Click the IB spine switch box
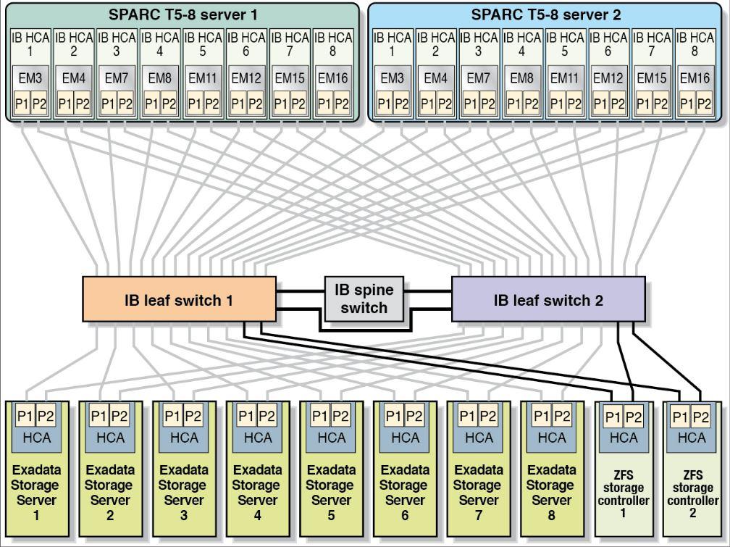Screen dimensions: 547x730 [x=364, y=298]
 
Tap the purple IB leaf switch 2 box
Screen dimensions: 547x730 [x=547, y=300]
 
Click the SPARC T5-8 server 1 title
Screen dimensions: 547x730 [x=182, y=14]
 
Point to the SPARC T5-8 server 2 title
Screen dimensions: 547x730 [x=546, y=14]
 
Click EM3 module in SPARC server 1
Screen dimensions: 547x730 [x=30, y=78]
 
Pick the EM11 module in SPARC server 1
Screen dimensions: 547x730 [x=203, y=78]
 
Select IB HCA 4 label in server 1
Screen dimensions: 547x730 [x=160, y=44]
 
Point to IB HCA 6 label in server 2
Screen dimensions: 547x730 [x=608, y=44]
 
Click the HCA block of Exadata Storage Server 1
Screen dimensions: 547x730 [x=36, y=438]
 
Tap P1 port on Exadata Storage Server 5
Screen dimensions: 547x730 [x=319, y=416]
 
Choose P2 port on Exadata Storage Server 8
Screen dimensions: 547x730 [x=562, y=416]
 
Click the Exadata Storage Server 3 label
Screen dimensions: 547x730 [x=183, y=493]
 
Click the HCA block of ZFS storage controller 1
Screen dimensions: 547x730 [x=624, y=438]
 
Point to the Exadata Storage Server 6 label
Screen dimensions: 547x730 [x=405, y=493]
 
